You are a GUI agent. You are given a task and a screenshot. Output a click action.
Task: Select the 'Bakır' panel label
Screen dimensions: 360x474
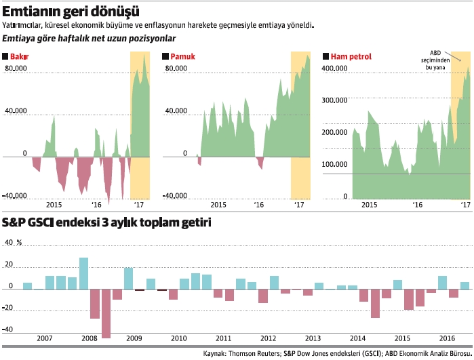click(20, 56)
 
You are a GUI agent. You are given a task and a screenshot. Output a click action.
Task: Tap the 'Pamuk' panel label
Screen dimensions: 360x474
click(182, 56)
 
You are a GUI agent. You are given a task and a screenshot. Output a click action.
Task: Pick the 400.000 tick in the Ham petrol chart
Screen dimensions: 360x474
click(334, 69)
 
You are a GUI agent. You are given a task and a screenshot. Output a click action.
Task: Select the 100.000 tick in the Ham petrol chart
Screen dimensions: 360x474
click(334, 164)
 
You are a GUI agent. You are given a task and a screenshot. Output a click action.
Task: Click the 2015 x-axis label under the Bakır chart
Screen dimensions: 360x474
click(54, 205)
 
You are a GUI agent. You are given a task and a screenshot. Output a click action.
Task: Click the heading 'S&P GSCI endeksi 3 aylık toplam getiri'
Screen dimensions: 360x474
click(107, 222)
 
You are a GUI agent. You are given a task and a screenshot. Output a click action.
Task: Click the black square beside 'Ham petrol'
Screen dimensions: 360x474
click(327, 56)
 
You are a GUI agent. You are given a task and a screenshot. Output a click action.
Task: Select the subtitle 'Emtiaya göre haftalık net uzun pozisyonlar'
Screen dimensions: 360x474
click(90, 39)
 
